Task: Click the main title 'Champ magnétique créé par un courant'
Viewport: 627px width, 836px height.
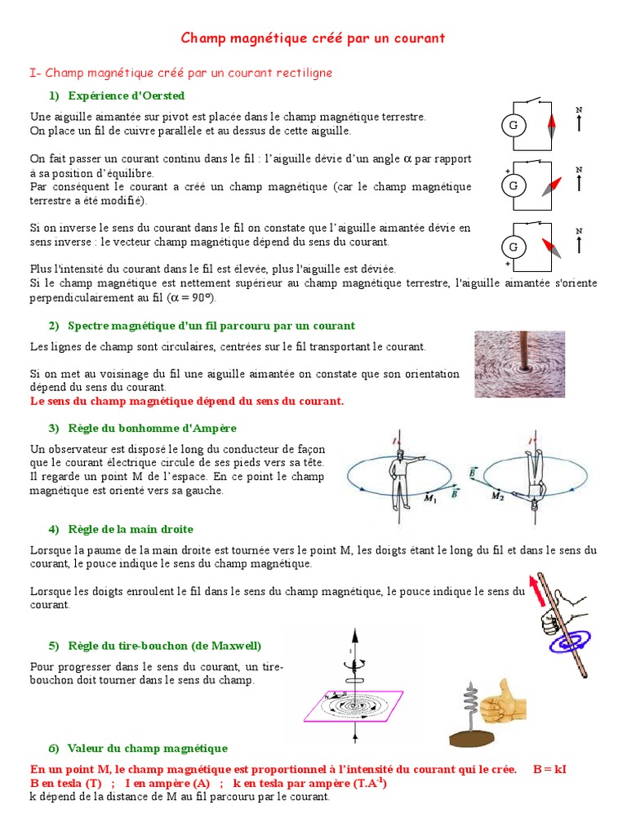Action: click(313, 38)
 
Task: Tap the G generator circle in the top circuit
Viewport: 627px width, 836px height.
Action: click(514, 125)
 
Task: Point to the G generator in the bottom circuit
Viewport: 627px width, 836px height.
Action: click(514, 247)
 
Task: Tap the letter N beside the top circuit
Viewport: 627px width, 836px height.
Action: click(579, 109)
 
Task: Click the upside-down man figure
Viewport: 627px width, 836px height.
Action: click(534, 474)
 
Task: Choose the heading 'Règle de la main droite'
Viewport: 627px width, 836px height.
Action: click(131, 529)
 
